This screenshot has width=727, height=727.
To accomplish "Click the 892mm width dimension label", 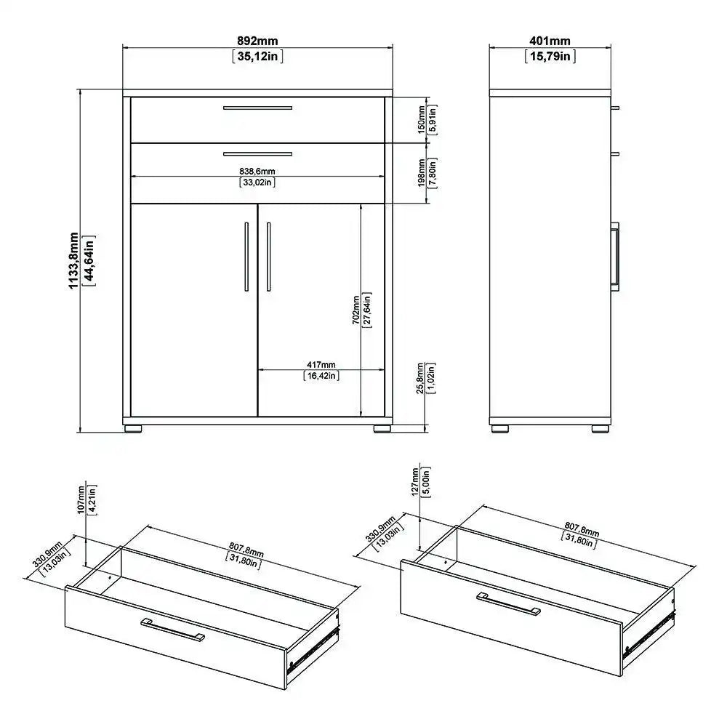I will [x=257, y=41].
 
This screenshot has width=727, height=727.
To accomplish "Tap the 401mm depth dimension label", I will [x=550, y=41].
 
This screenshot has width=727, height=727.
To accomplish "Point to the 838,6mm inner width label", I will [x=257, y=171].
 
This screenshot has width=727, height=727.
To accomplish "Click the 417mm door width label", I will [x=321, y=364].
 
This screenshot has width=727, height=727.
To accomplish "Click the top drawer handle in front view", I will [x=257, y=108].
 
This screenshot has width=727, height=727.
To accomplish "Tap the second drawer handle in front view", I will [x=257, y=153].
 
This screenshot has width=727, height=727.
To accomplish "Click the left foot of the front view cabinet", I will [x=133, y=429].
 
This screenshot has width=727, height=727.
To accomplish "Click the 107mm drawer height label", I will [x=81, y=500].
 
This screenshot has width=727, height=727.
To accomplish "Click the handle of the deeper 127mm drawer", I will [x=508, y=603].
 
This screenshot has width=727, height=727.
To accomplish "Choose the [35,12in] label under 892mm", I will [x=257, y=56].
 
